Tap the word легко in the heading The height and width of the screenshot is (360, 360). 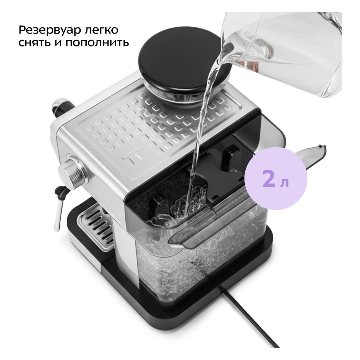click(x=102, y=30)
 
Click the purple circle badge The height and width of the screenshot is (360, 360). click(x=276, y=179)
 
